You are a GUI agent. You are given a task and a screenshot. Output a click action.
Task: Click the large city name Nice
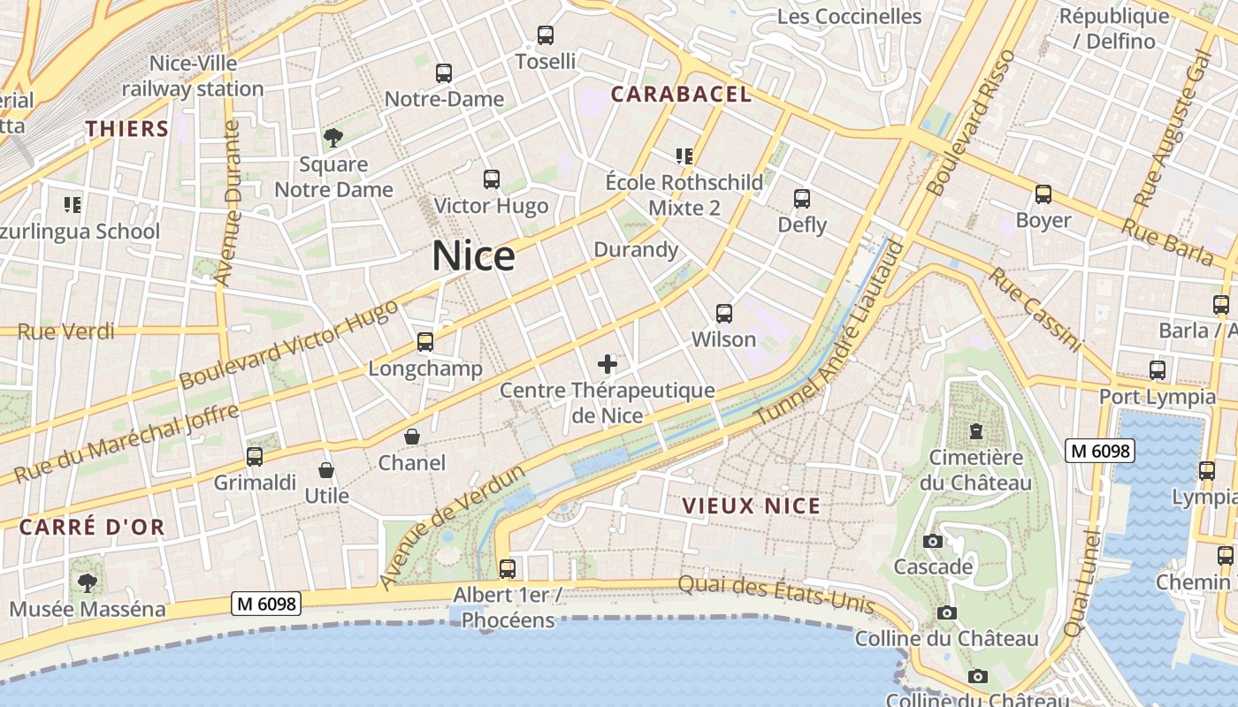pyautogui.click(x=473, y=256)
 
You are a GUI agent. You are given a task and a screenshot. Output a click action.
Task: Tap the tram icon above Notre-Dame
pyautogui.click(x=444, y=73)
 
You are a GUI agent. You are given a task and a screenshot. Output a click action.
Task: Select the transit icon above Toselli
pyautogui.click(x=546, y=35)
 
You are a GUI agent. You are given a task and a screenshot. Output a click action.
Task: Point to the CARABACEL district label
pyautogui.click(x=681, y=95)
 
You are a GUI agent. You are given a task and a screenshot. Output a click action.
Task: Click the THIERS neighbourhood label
pyautogui.click(x=127, y=129)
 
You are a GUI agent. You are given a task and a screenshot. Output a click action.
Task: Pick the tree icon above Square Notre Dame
pyautogui.click(x=333, y=137)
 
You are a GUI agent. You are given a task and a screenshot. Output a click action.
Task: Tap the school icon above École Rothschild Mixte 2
pyautogui.click(x=684, y=156)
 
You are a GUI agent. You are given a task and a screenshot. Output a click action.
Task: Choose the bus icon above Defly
pyautogui.click(x=802, y=199)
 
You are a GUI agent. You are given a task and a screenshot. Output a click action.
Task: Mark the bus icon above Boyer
pyautogui.click(x=1043, y=194)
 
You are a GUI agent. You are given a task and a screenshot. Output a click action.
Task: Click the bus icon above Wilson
pyautogui.click(x=724, y=313)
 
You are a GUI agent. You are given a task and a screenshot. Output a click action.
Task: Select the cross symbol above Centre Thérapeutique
pyautogui.click(x=608, y=363)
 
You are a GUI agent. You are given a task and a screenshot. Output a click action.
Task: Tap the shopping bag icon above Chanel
pyautogui.click(x=412, y=437)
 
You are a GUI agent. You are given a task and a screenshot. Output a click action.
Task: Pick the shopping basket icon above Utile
pyautogui.click(x=326, y=470)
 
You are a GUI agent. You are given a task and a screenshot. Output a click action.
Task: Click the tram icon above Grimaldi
pyautogui.click(x=255, y=457)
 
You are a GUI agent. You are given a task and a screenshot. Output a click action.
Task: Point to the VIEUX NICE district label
pyautogui.click(x=752, y=506)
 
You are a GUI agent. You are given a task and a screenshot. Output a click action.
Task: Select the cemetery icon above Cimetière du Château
pyautogui.click(x=975, y=431)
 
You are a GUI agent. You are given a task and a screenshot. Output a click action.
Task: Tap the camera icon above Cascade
pyautogui.click(x=933, y=541)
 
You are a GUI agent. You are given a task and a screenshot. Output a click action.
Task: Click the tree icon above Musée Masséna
pyautogui.click(x=87, y=583)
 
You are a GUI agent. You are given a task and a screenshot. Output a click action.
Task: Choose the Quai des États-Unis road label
pyautogui.click(x=776, y=594)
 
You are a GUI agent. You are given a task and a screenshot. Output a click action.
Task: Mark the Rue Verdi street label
pyautogui.click(x=66, y=331)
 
